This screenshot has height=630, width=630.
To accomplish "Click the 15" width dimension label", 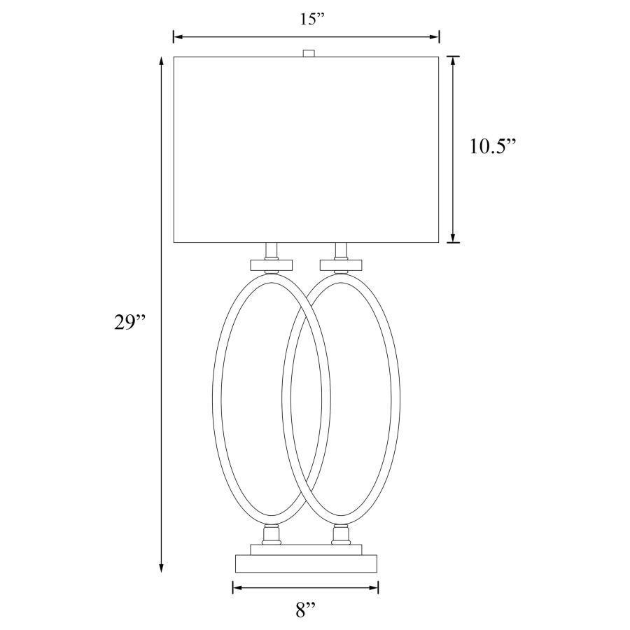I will [x=309, y=19].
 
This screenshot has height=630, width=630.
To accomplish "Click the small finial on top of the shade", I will [x=307, y=52].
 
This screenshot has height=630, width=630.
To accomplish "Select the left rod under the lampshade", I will [x=272, y=251].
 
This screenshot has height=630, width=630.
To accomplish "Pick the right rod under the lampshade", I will [x=341, y=251].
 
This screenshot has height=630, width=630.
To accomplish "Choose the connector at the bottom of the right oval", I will [x=341, y=535].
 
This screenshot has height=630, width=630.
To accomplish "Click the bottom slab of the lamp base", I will [x=306, y=563].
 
